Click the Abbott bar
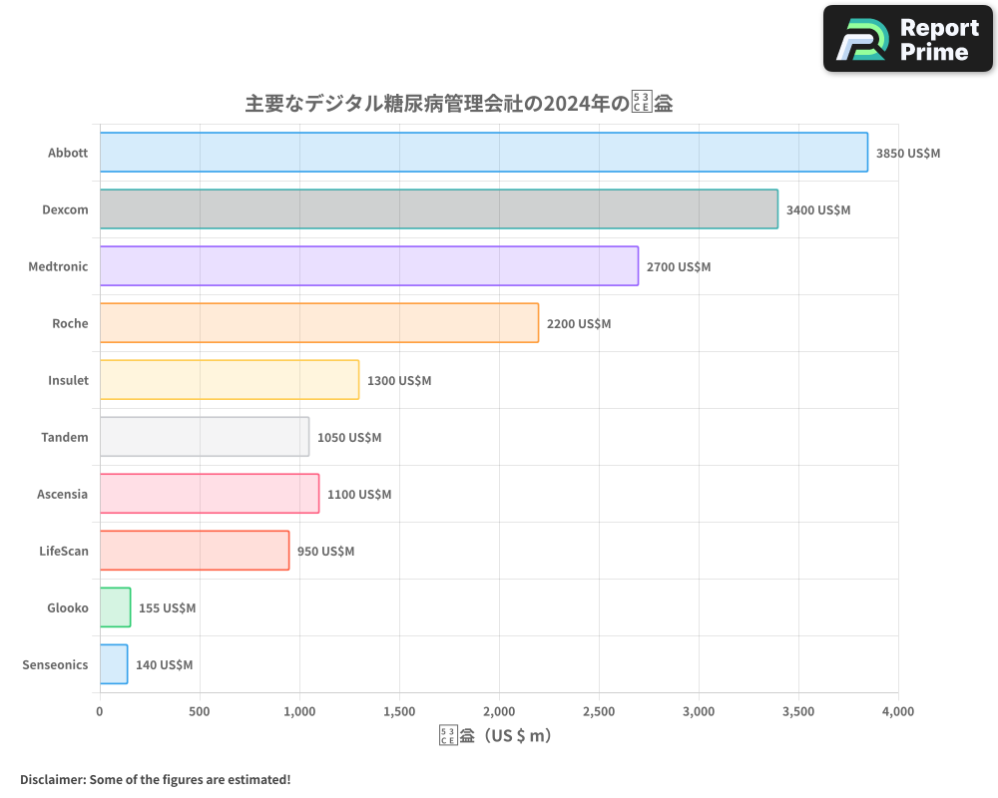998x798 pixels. point(484,153)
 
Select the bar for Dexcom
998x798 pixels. point(439,209)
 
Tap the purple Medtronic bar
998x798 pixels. point(369,266)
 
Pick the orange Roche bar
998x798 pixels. point(319,323)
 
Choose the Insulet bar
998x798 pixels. point(230,380)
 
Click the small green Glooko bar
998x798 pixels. point(115,607)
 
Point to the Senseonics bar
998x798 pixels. point(114,664)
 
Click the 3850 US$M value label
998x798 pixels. point(908,154)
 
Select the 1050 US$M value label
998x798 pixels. point(349,438)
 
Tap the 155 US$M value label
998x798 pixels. point(167,608)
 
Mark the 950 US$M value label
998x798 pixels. point(325,552)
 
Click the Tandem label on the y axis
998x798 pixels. point(65,438)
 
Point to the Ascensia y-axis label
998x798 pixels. point(63,495)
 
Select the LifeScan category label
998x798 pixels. point(64,552)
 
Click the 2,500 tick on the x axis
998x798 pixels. point(599,712)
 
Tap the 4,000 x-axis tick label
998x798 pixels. point(897,712)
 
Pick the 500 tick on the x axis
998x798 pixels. point(200,712)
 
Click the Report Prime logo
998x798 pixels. point(907,39)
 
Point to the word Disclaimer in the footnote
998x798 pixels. point(51,780)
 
